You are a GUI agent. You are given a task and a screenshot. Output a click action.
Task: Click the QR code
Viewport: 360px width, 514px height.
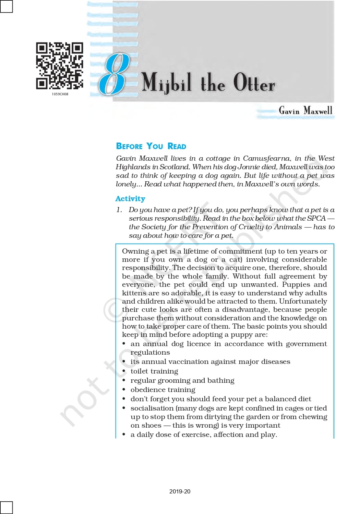pyautogui.click(x=60, y=66)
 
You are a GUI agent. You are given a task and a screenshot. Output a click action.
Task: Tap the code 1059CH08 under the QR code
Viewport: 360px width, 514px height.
pyautogui.click(x=60, y=94)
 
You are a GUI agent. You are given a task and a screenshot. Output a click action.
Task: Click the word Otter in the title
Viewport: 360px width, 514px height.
pyautogui.click(x=254, y=83)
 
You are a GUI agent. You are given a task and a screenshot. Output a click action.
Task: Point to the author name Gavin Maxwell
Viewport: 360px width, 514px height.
pyautogui.click(x=305, y=110)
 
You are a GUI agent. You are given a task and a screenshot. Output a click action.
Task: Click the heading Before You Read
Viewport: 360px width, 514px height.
pyautogui.click(x=151, y=146)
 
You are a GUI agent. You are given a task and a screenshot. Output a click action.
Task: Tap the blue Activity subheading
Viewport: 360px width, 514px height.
pyautogui.click(x=130, y=199)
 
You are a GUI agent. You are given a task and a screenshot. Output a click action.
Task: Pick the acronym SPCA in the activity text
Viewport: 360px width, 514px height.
pyautogui.click(x=316, y=218)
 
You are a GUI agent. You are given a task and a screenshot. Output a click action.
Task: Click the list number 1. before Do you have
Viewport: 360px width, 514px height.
pyautogui.click(x=119, y=210)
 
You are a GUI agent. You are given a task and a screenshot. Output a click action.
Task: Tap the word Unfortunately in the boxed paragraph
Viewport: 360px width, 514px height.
pyautogui.click(x=303, y=301)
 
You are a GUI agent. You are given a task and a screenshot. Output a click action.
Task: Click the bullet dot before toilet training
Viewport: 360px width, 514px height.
pyautogui.click(x=124, y=371)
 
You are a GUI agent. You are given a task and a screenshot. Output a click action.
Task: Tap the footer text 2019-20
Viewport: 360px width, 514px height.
pyautogui.click(x=180, y=491)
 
